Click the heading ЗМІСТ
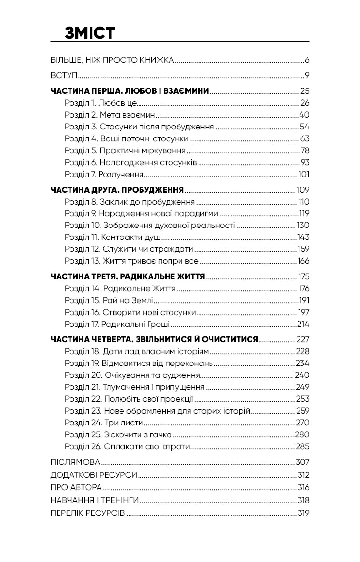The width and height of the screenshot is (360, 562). tap(90, 33)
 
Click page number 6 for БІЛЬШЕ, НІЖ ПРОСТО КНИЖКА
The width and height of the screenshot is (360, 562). tap(307, 60)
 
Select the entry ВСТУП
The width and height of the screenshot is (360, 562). tap(64, 75)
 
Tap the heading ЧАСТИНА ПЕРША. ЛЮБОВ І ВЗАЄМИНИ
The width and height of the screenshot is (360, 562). tap(130, 91)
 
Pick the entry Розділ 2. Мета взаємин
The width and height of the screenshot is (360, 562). tap(110, 115)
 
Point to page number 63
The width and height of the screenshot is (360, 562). tap(305, 138)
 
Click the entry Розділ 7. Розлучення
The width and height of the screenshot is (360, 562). tap(104, 174)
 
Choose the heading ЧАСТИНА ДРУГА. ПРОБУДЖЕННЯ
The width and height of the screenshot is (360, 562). tap(117, 189)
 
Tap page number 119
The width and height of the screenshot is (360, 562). tap(304, 213)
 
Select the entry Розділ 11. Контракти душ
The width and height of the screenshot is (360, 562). tap(112, 237)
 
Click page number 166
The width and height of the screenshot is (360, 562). tap(303, 261)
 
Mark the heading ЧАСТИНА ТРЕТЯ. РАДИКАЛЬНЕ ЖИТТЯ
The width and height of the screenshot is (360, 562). tap(128, 276)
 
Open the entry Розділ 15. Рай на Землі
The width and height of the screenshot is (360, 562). tap(109, 300)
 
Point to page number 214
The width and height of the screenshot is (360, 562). tap(303, 324)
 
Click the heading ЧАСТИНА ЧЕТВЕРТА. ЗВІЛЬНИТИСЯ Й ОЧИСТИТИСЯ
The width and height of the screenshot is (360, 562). tap(154, 339)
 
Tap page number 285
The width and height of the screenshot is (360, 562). tap(303, 446)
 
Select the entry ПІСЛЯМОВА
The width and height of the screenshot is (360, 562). tap(75, 462)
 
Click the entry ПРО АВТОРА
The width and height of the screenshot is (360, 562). tap(76, 487)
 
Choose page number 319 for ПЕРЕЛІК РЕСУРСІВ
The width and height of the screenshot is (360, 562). tap(303, 513)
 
